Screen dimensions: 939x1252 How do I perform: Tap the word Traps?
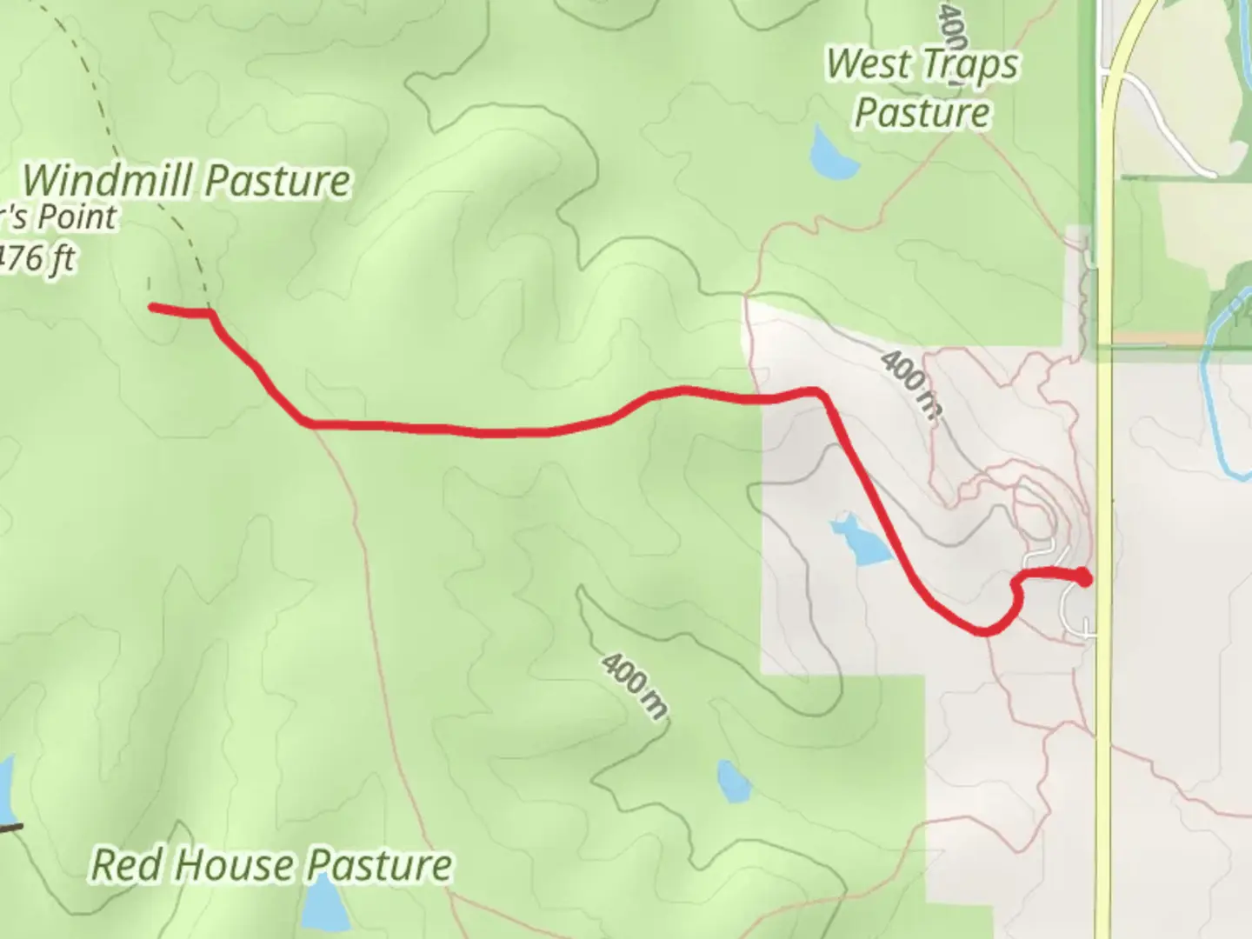[965, 65]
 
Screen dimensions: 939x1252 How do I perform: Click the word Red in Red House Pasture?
[118, 864]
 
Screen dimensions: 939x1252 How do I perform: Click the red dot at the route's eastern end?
[1084, 576]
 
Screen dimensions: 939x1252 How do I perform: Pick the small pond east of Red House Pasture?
[733, 782]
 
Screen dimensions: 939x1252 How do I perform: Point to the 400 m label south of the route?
[634, 686]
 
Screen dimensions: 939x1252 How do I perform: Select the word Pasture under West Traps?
[922, 113]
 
